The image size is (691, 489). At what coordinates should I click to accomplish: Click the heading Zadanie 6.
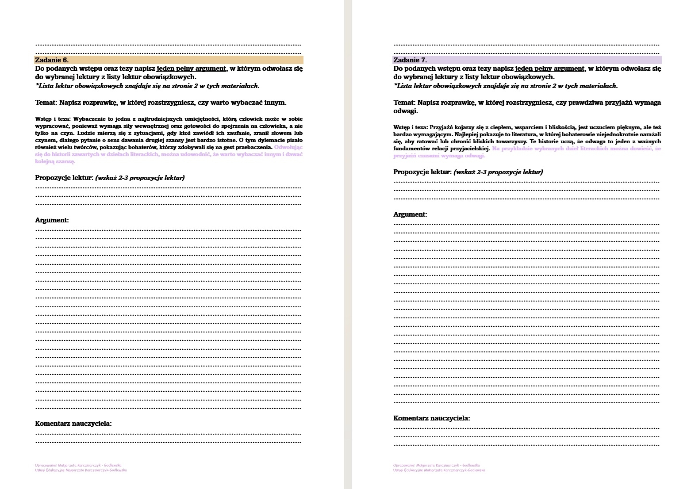(x=52, y=60)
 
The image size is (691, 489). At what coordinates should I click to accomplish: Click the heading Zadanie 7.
(x=410, y=60)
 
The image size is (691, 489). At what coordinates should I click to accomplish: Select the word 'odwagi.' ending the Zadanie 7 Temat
(x=406, y=111)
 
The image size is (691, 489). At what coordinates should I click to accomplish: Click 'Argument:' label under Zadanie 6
(x=52, y=220)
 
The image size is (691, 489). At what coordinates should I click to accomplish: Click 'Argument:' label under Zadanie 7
(x=410, y=214)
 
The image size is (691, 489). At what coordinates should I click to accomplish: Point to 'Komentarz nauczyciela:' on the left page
(x=73, y=424)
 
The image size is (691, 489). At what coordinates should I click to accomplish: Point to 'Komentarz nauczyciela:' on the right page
(x=432, y=418)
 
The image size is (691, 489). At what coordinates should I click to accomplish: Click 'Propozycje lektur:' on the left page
(x=64, y=178)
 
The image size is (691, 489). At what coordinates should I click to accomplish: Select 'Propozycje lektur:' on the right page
(x=422, y=172)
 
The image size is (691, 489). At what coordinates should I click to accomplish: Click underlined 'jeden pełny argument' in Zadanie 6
(x=192, y=69)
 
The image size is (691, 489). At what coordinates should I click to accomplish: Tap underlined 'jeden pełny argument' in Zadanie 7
(x=550, y=69)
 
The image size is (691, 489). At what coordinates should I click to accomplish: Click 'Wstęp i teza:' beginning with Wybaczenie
(x=53, y=119)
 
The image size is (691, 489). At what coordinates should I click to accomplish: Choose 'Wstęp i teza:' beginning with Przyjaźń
(x=411, y=127)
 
